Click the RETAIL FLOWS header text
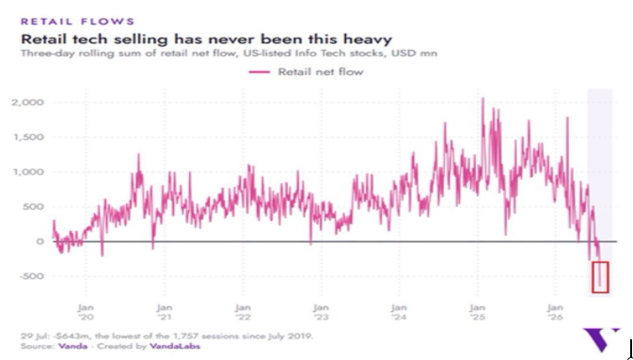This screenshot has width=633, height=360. point(77,22)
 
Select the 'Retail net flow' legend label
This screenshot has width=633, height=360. point(321,71)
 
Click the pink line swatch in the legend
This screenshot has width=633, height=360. point(260,71)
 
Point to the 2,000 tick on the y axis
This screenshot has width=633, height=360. point(27,102)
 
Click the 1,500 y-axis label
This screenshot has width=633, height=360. point(28,137)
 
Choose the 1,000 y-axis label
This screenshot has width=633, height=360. point(28,172)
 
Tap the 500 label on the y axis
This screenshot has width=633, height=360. point(34,207)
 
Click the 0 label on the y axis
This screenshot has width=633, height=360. point(40,242)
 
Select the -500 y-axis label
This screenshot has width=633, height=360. point(30,276)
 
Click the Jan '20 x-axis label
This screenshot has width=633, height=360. point(86,312)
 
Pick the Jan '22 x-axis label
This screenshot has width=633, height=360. point(243,312)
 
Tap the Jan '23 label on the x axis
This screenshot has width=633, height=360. point(322,312)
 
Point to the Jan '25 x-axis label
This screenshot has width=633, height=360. point(478,312)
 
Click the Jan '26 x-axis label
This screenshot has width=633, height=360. point(556,312)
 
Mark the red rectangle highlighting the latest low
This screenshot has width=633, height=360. point(593,277)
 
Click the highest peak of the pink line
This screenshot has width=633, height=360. point(483,98)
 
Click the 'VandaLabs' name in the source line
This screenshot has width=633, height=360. point(174,346)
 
